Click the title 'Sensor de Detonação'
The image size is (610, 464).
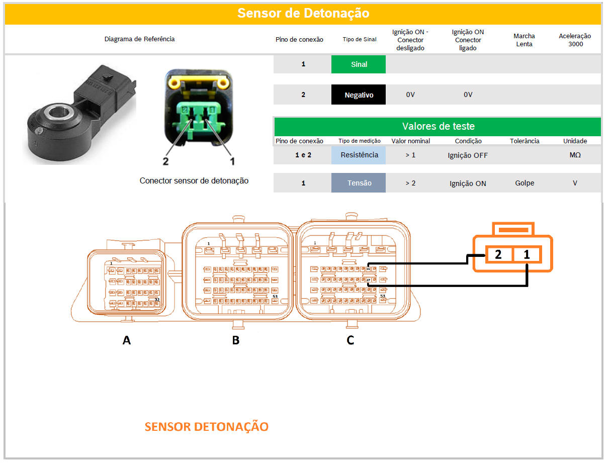pyautogui.click(x=303, y=13)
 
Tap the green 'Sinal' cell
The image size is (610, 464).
pyautogui.click(x=359, y=64)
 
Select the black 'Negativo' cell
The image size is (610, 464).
pyautogui.click(x=359, y=95)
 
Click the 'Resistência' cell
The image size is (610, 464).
pyautogui.click(x=359, y=155)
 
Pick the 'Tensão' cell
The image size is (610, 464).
pyautogui.click(x=359, y=183)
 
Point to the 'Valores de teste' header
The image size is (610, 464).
pyautogui.click(x=438, y=126)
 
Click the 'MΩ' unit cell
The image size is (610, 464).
pyautogui.click(x=574, y=155)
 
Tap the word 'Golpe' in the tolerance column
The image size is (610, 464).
pyautogui.click(x=524, y=183)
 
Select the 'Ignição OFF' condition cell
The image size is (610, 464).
pyautogui.click(x=468, y=155)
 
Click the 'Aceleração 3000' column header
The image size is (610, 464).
pyautogui.click(x=575, y=40)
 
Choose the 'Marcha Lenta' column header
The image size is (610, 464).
pyautogui.click(x=524, y=40)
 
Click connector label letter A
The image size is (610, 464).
pyautogui.click(x=127, y=340)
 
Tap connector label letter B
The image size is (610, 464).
pyautogui.click(x=235, y=340)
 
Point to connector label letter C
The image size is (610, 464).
pyautogui.click(x=351, y=340)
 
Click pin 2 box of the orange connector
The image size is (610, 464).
pyautogui.click(x=498, y=255)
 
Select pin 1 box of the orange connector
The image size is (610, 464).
pyautogui.click(x=527, y=255)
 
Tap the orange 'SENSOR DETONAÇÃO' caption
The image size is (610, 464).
pyautogui.click(x=206, y=427)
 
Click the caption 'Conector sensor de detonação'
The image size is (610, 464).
pyautogui.click(x=194, y=180)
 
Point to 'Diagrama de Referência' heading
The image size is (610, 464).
pyautogui.click(x=139, y=39)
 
